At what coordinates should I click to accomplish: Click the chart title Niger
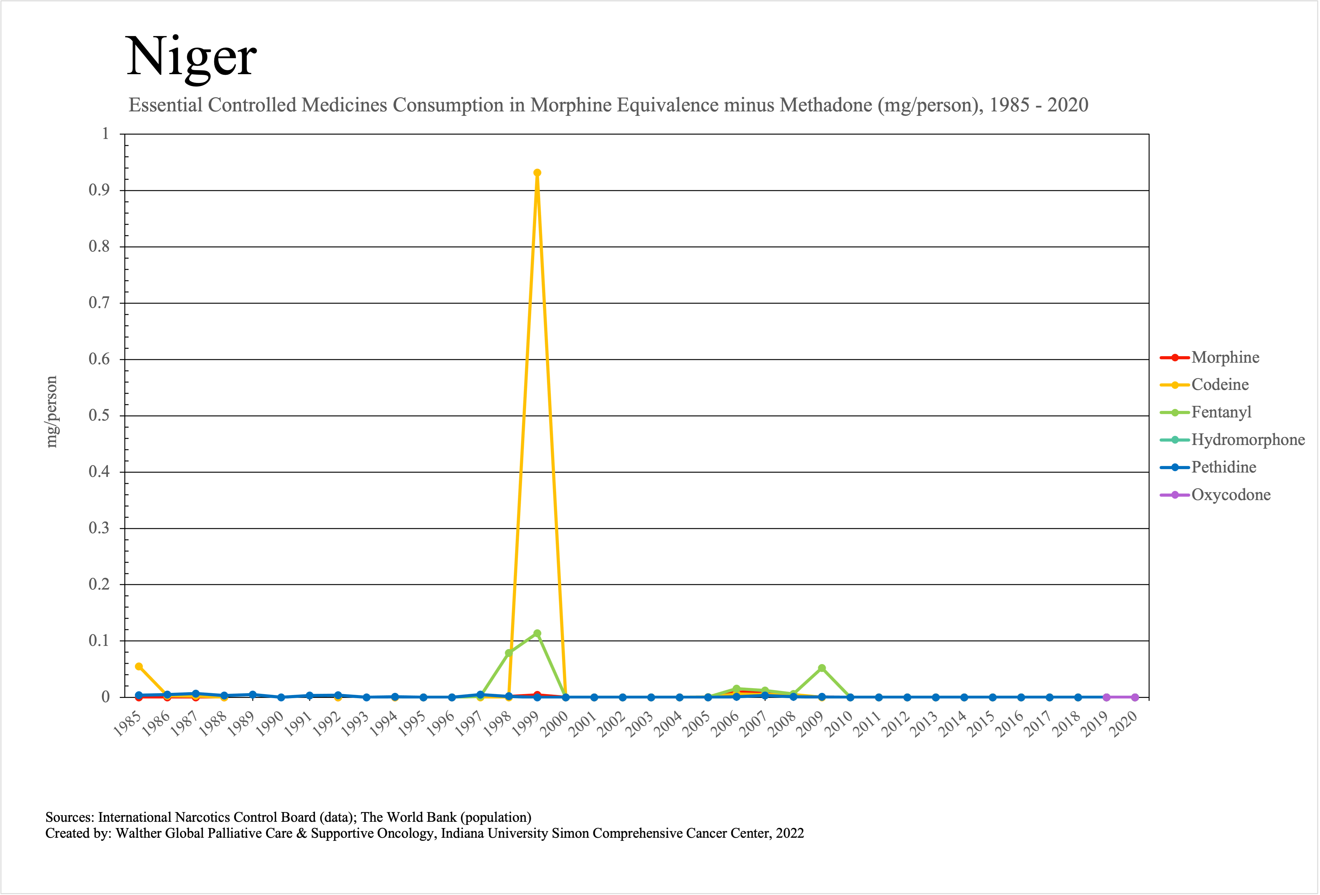191,57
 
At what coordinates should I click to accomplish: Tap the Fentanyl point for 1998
509,653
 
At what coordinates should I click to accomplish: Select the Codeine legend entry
1220,385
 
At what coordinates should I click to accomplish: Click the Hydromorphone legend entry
1248,440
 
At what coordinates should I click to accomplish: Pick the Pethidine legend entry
1223,467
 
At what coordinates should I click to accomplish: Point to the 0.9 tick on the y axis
99,190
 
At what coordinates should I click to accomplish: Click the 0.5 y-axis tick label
99,415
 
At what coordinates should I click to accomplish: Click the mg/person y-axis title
52,412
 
